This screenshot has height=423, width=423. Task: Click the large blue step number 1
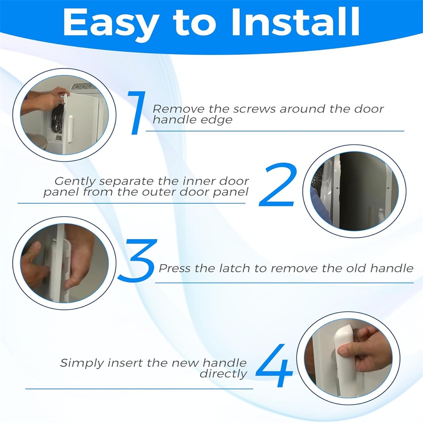137,113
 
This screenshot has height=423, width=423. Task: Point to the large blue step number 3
137,260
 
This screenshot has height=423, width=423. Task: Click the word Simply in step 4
82,363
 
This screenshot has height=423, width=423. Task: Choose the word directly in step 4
223,374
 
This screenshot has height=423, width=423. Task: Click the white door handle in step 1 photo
70,129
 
